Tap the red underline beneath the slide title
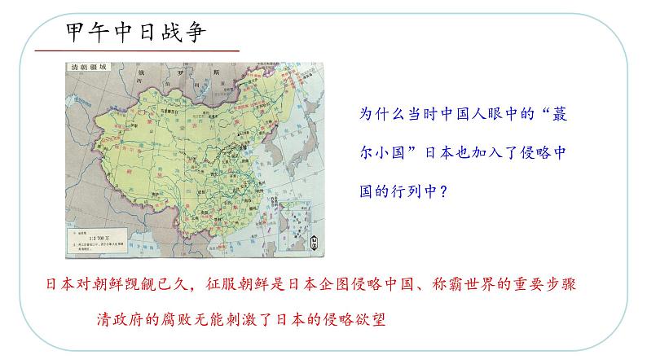(x=139, y=51)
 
